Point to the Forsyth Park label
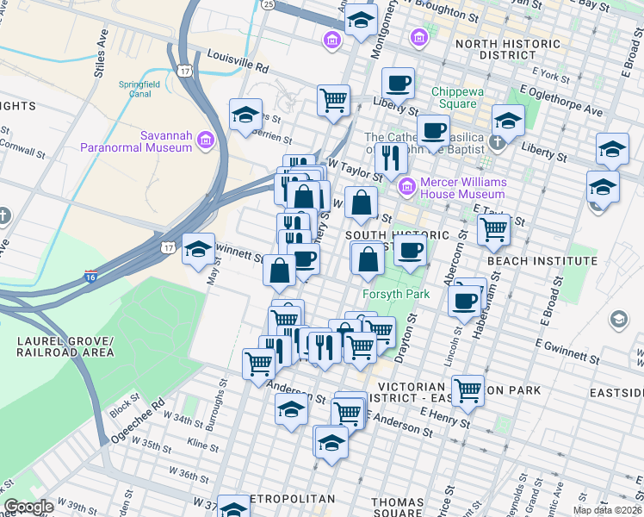[395, 295]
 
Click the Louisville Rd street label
[238, 60]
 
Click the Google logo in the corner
[28, 507]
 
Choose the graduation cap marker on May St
[199, 249]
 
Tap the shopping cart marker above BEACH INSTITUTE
[493, 228]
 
